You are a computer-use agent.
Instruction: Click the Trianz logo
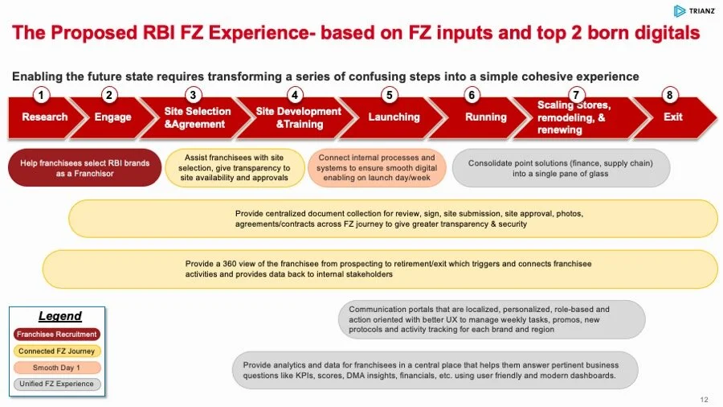pyautogui.click(x=692, y=11)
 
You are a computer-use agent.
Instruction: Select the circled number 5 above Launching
pyautogui.click(x=390, y=95)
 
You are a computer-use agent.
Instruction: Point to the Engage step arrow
pyautogui.click(x=113, y=117)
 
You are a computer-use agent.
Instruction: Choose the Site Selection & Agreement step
pyautogui.click(x=197, y=117)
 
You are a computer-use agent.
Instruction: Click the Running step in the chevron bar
pyautogui.click(x=486, y=117)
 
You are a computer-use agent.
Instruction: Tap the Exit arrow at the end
pyautogui.click(x=673, y=117)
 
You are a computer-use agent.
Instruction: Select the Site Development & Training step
pyautogui.click(x=298, y=117)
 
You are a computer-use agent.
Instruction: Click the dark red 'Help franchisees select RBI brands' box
pyautogui.click(x=85, y=167)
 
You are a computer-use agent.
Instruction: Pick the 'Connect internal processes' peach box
pyautogui.click(x=377, y=167)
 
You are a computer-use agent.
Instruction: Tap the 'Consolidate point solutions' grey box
pyautogui.click(x=561, y=167)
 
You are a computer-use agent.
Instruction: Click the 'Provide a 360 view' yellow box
pyautogui.click(x=379, y=269)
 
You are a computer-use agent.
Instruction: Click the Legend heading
pyautogui.click(x=60, y=316)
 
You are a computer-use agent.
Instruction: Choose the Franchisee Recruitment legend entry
pyautogui.click(x=56, y=334)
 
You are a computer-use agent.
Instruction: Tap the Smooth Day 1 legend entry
pyautogui.click(x=56, y=367)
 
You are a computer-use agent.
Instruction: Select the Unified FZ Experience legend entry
pyautogui.click(x=56, y=384)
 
